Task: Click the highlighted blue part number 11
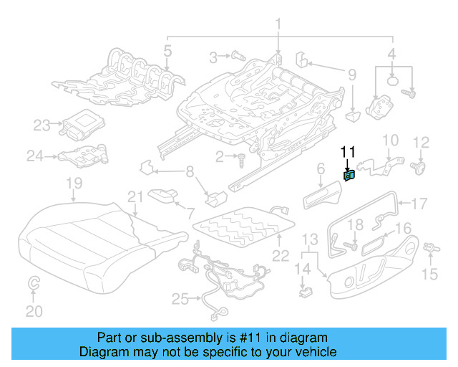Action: pos(349,176)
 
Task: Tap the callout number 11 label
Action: pos(348,151)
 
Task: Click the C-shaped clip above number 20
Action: pos(34,285)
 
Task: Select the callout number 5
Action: pos(167,51)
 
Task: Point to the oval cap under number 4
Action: pos(393,81)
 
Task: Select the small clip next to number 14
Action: pos(305,292)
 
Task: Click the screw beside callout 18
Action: pos(351,246)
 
